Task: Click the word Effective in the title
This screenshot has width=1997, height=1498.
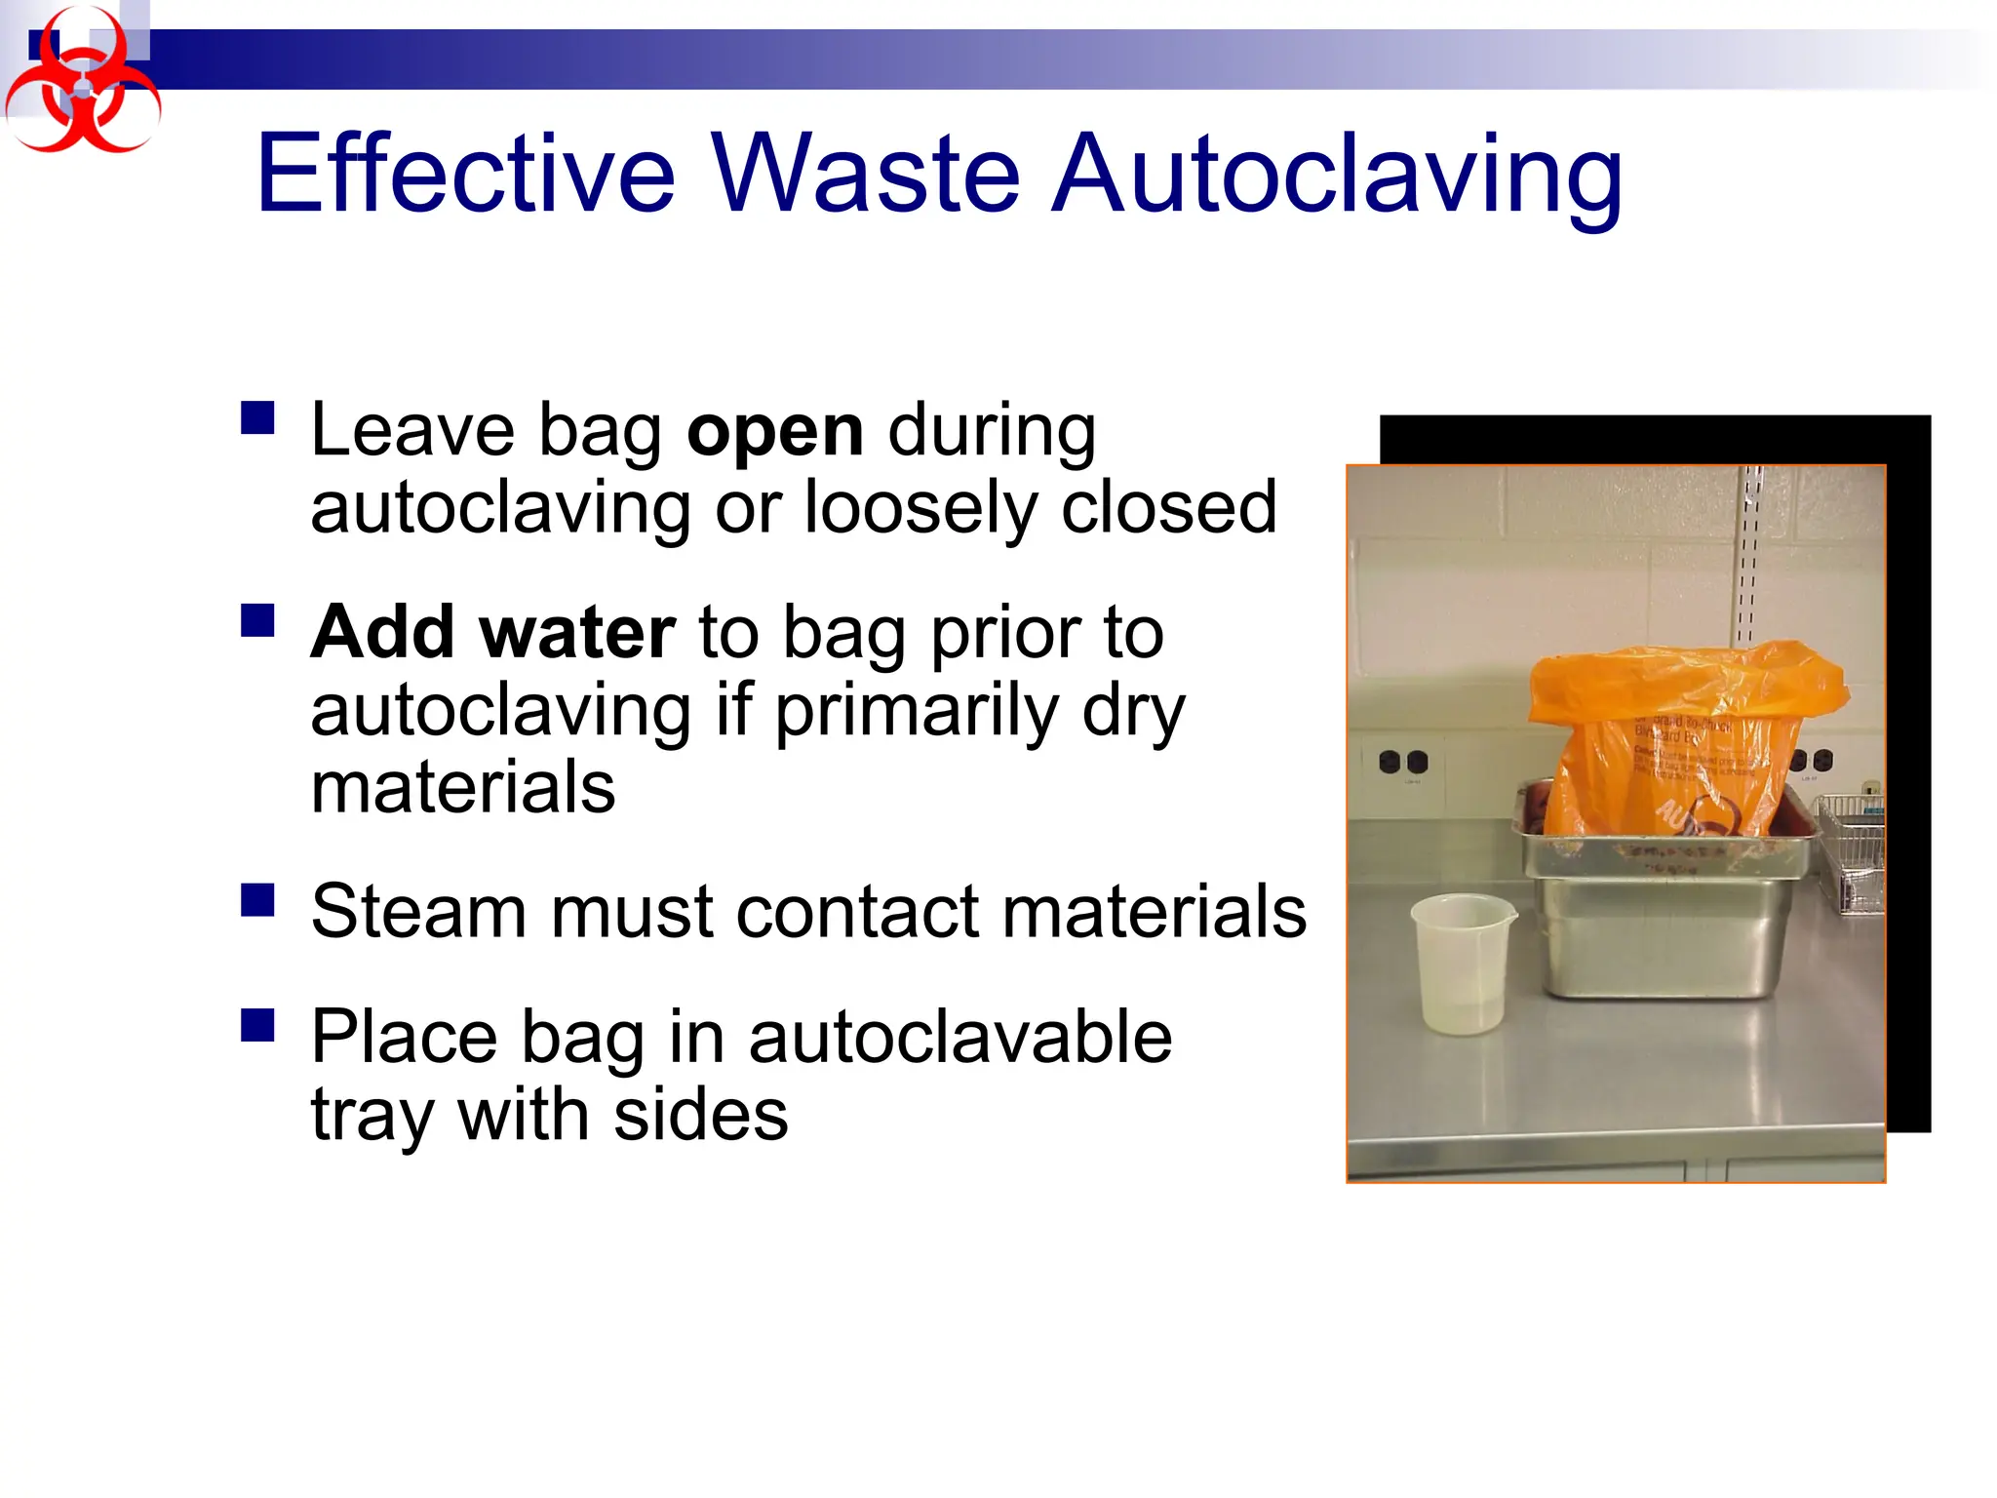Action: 465,176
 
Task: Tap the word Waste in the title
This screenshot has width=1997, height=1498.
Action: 866,176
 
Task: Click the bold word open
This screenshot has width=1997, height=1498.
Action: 774,431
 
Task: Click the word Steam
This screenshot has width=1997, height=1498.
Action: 418,912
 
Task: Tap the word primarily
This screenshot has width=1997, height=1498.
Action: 916,711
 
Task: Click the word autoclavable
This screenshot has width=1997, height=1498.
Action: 959,1037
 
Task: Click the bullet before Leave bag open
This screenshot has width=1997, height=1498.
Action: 257,418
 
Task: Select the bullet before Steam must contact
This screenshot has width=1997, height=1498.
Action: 257,899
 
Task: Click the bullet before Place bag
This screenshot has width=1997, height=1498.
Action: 257,1025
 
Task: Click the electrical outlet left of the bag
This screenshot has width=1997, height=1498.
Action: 1403,762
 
